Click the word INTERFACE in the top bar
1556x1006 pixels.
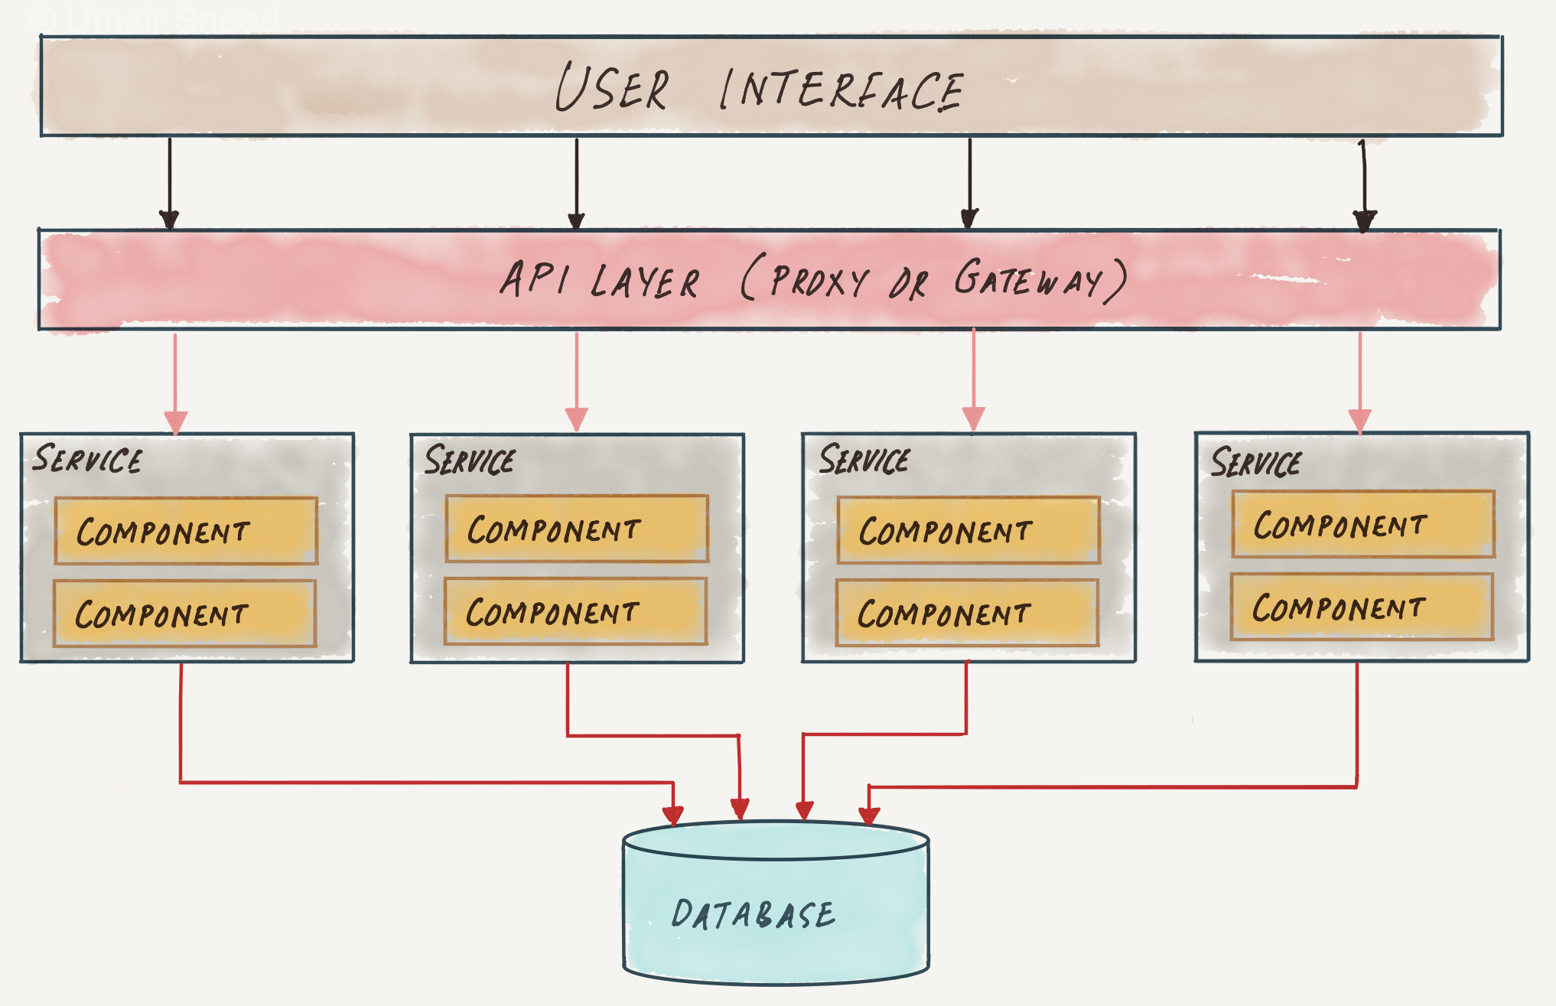pyautogui.click(x=841, y=90)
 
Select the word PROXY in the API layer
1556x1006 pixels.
pyautogui.click(x=819, y=281)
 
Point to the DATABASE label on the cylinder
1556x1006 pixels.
pyautogui.click(x=754, y=914)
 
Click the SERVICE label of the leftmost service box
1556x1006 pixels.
pyautogui.click(x=87, y=459)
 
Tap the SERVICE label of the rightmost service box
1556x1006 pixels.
pyautogui.click(x=1255, y=462)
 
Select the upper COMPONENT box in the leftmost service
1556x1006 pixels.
pyautogui.click(x=186, y=531)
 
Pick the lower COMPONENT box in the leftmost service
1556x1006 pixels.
pyautogui.click(x=184, y=614)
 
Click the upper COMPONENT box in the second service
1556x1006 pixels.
pyautogui.click(x=577, y=529)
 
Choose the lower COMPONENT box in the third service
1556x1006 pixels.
pyautogui.click(x=968, y=613)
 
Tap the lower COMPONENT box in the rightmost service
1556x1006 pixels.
pyautogui.click(x=1362, y=607)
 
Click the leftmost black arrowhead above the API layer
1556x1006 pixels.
pyautogui.click(x=169, y=220)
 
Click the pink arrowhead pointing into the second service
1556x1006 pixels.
pyautogui.click(x=577, y=419)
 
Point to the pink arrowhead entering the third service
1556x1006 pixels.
pyautogui.click(x=973, y=419)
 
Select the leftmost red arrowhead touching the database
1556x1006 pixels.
pyautogui.click(x=673, y=815)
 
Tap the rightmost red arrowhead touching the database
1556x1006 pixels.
pyautogui.click(x=869, y=816)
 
